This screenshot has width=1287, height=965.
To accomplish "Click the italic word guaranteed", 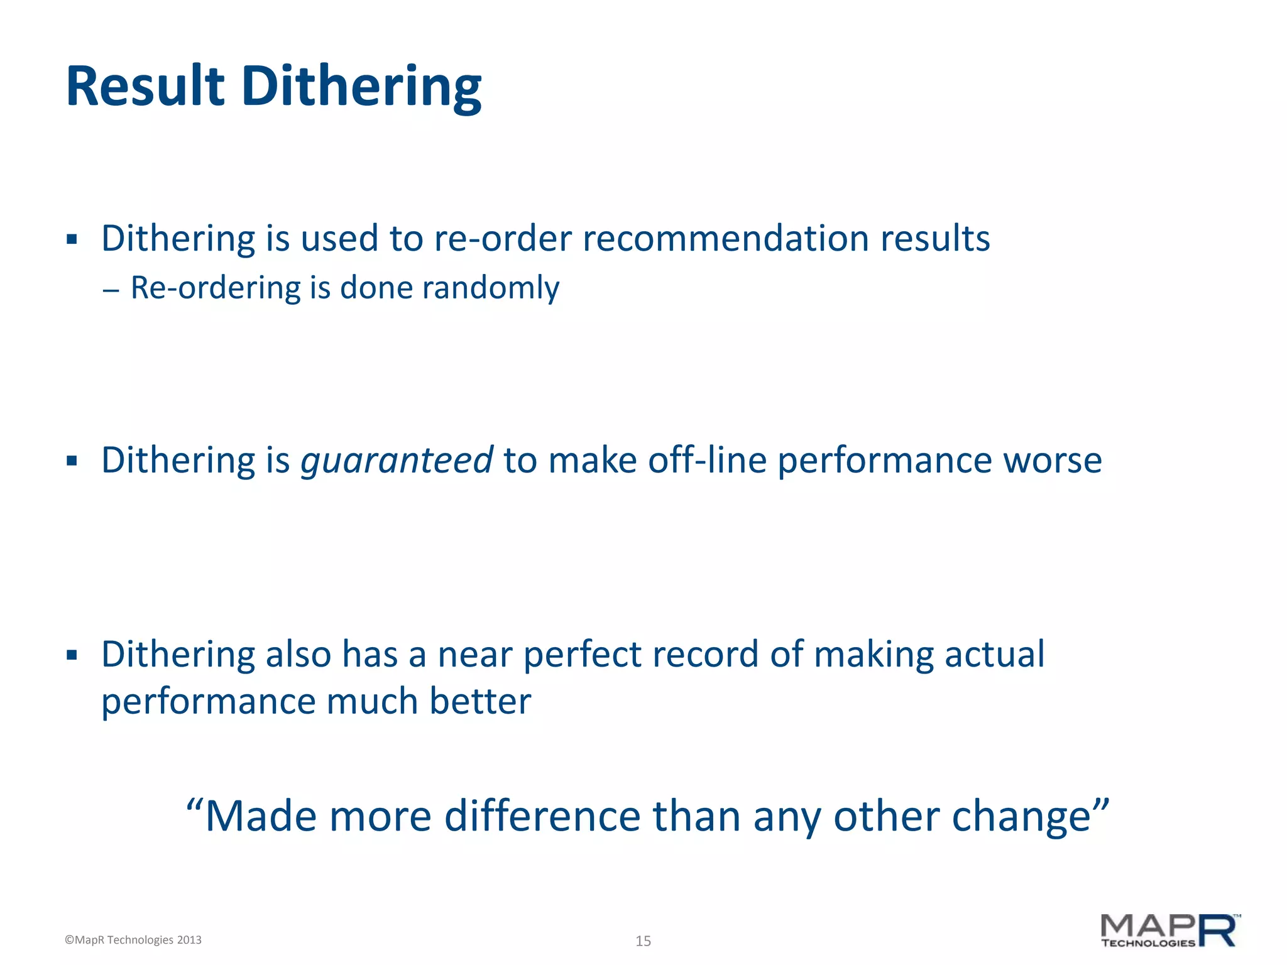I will (x=397, y=461).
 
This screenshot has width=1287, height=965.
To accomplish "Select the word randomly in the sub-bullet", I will (x=490, y=288).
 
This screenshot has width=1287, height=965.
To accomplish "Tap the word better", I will (x=480, y=701).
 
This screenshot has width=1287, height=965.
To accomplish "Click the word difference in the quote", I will (x=542, y=816).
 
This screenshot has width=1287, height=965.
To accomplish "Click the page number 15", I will (x=643, y=940).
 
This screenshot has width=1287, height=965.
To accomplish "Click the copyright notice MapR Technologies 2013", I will (x=133, y=940).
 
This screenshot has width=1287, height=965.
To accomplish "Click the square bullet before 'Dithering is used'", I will (x=72, y=239).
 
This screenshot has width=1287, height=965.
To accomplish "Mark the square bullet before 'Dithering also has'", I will (x=72, y=655).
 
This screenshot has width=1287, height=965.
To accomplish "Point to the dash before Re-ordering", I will (x=111, y=290).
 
